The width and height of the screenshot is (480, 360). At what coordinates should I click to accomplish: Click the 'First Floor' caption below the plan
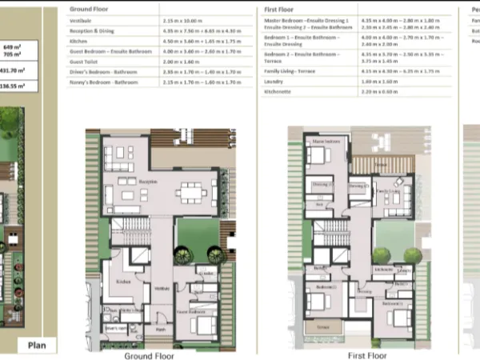coord(368,354)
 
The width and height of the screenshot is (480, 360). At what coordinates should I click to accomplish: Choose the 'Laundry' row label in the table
coord(274,81)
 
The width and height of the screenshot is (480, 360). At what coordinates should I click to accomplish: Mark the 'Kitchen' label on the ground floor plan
coord(124,282)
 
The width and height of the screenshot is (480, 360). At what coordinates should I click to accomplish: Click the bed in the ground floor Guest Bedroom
coord(204,326)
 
